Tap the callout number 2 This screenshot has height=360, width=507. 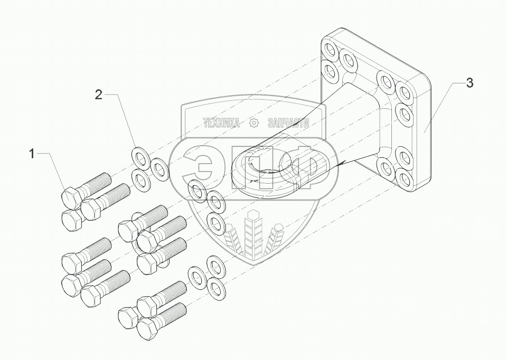pyautogui.click(x=98, y=94)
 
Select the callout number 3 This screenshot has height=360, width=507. pyautogui.click(x=469, y=83)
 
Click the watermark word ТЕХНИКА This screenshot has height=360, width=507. pyautogui.click(x=221, y=123)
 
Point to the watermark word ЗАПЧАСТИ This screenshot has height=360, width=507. pyautogui.click(x=288, y=123)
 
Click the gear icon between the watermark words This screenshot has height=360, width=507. pyautogui.click(x=254, y=123)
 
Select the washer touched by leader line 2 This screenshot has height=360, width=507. pyautogui.click(x=140, y=157)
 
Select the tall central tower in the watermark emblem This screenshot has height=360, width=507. pyautogui.click(x=253, y=232)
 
